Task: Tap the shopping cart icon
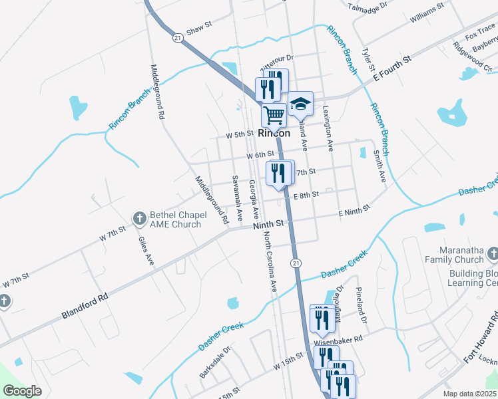point(274,115)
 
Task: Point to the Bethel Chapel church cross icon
point(140,217)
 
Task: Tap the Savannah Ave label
point(236,192)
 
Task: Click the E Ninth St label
point(354,211)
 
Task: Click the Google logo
point(23,391)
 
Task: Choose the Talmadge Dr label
point(368,7)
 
